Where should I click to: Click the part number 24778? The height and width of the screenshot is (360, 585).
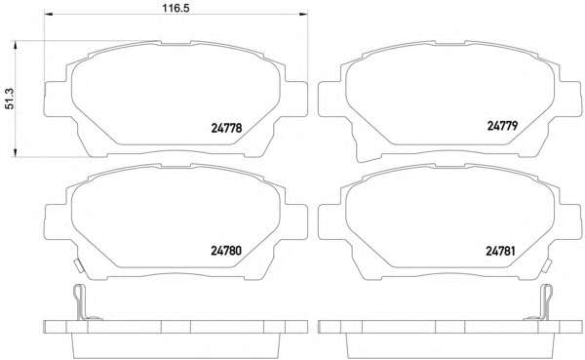pos(226,128)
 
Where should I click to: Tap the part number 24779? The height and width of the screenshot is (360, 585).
pos(502,126)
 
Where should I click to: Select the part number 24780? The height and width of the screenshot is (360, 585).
pos(226,250)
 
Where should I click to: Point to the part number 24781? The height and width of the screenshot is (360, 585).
pos(500,251)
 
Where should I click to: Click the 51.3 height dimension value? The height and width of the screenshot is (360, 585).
pos(10,99)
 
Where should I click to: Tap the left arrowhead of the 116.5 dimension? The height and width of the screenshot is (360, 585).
pos(49,14)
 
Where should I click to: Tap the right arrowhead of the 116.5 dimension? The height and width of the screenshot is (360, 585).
pos(303,14)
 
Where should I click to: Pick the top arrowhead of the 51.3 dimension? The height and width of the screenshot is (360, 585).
pos(15,45)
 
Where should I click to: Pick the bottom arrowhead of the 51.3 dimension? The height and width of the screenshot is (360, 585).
pos(15,152)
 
